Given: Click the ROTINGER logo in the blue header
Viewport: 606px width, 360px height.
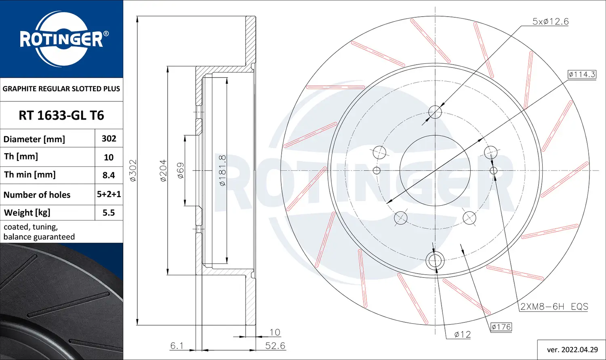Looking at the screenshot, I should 61,39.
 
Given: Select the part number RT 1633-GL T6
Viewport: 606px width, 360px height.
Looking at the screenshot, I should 61,116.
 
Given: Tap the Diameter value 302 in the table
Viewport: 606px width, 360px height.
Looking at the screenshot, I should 109,139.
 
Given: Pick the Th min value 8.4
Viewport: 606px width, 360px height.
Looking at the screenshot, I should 109,175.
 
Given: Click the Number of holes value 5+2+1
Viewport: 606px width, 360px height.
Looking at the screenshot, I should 109,194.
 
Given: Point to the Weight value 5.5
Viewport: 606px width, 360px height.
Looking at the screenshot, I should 109,213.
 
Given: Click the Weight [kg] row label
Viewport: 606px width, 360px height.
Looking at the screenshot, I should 27,213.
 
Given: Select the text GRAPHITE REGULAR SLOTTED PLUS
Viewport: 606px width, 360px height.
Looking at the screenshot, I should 61,89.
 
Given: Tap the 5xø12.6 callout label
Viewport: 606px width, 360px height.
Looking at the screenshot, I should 550,22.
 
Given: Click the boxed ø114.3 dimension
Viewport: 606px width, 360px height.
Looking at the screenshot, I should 582,74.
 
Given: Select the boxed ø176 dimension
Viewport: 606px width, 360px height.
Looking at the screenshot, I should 501,327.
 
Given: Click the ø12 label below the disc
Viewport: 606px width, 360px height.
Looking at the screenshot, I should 462,335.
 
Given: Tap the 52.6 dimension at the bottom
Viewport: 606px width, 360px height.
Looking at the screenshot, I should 275,346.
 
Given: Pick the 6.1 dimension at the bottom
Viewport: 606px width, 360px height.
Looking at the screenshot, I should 177,346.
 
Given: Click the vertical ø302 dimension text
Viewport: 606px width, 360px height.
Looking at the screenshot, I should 133,170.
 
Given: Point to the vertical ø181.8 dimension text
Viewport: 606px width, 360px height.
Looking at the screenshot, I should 222,170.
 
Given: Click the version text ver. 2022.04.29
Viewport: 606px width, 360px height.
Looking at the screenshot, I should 572,349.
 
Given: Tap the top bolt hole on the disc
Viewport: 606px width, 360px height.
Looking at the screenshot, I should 435,112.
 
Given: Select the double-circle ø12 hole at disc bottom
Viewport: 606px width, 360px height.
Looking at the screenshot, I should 435,261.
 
